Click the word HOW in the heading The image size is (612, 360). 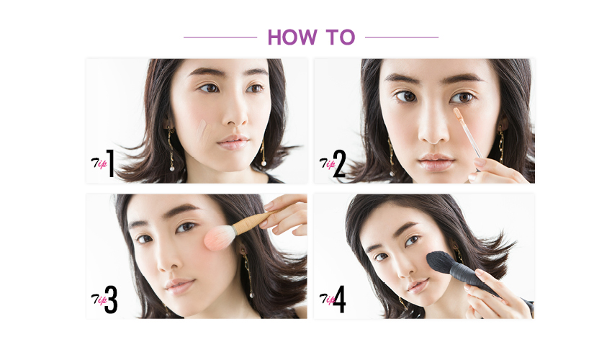click(292, 37)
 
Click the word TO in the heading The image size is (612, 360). click(341, 37)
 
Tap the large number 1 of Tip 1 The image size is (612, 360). click(111, 163)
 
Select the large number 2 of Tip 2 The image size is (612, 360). click(340, 163)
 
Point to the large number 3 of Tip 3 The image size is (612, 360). click(111, 300)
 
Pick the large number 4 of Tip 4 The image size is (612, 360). click(339, 299)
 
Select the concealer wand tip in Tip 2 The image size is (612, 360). click(458, 113)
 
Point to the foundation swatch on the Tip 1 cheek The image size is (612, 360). click(202, 132)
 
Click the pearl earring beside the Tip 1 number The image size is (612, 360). click(172, 168)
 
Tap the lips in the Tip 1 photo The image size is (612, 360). click(233, 142)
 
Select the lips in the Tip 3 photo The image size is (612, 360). click(179, 287)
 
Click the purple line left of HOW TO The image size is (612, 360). click(220, 37)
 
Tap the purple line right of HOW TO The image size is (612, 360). click(402, 37)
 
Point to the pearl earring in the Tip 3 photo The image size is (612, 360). click(251, 294)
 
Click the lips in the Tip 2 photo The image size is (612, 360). click(436, 163)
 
